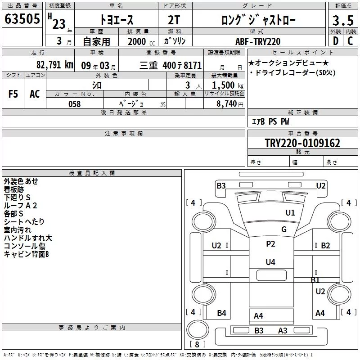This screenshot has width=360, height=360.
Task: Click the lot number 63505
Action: coord(22,19)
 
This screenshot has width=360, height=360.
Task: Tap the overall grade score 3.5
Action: coord(343,20)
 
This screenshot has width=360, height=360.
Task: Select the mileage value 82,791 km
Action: coord(54,65)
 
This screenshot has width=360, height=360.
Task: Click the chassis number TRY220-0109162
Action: coord(302,143)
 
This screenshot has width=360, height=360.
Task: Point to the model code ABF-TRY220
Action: coord(258,41)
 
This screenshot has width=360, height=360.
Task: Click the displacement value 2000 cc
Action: coord(141,41)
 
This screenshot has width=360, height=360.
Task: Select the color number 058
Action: coord(75,104)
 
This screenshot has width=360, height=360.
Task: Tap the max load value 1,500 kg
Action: coord(227,85)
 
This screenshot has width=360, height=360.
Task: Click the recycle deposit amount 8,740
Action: coord(229,104)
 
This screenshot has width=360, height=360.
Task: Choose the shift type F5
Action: coord(13,94)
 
